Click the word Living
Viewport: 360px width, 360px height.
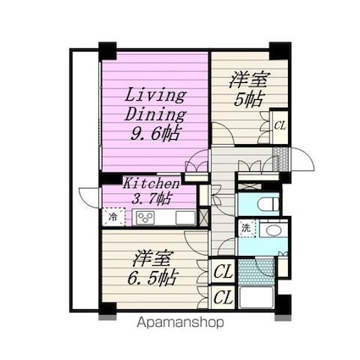[155, 96]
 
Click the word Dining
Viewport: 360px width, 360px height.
[155, 114]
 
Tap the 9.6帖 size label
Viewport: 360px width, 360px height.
[155, 133]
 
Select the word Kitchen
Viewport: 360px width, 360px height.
[152, 184]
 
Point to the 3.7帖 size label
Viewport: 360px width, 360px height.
[151, 199]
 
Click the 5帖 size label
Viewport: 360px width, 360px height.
[248, 99]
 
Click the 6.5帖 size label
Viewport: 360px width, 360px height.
[152, 278]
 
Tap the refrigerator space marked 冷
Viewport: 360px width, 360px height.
[114, 217]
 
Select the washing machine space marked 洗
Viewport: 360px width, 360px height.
[246, 228]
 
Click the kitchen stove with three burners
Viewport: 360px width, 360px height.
[146, 218]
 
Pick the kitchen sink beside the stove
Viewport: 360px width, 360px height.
[186, 218]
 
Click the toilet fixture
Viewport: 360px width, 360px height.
[269, 204]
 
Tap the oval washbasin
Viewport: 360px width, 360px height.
[273, 231]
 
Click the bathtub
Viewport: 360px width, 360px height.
[256, 298]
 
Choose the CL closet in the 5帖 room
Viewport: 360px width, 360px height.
[280, 126]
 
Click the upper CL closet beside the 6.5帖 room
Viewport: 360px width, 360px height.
[223, 272]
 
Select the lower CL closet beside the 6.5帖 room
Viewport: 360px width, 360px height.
[223, 297]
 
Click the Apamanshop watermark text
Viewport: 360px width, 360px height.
[180, 322]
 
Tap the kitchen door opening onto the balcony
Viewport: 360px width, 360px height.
[89, 197]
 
